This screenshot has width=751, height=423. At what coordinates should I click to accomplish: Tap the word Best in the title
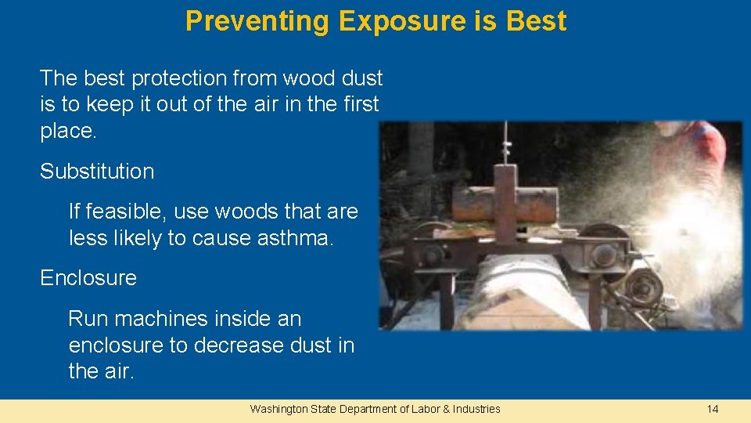coord(536,21)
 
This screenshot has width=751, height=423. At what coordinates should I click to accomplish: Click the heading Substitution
coord(97,172)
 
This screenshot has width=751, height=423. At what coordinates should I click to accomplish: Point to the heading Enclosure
coord(88,278)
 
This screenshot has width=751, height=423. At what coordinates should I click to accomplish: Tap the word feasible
coord(125,211)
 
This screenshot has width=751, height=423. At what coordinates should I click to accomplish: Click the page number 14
coord(712,409)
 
